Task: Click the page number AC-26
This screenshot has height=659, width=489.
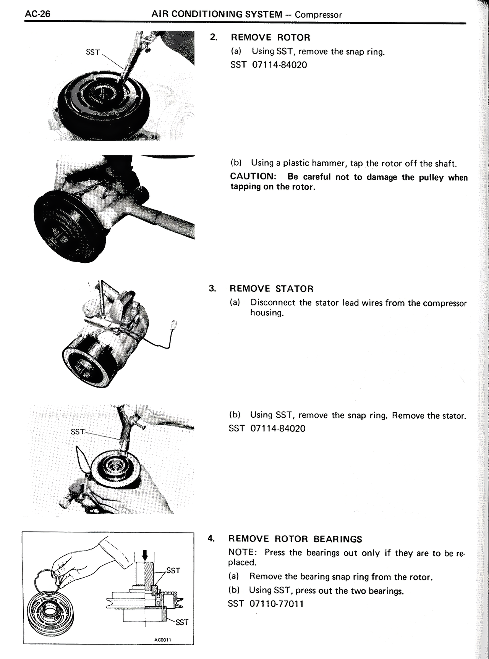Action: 37,14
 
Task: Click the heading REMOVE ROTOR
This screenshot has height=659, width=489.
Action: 270,37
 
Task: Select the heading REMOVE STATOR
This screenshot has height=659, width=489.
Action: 271,289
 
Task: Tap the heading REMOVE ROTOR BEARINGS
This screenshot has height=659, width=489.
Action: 295,539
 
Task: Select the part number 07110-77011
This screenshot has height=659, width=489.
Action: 277,604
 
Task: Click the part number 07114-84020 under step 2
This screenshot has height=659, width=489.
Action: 279,65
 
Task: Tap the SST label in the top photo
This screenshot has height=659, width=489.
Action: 93,52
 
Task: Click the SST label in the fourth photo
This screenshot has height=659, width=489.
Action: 78,432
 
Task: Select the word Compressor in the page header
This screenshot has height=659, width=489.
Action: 318,15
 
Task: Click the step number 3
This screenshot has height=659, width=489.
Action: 212,288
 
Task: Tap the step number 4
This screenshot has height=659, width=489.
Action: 210,538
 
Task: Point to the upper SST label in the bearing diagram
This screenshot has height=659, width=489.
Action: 173,570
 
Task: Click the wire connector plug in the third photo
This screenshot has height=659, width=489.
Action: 173,325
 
